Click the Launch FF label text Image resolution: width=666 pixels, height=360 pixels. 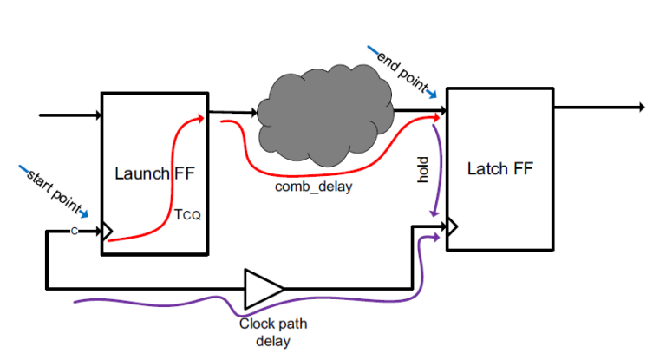pos(156,173)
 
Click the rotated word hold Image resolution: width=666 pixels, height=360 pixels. pos(424,170)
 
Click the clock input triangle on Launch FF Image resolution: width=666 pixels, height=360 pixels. pos(108,232)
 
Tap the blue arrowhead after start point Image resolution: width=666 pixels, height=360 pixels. pos(84,212)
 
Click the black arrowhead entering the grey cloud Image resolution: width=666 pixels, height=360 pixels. pos(258,112)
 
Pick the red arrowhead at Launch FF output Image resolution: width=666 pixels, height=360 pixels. pos(201,116)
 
